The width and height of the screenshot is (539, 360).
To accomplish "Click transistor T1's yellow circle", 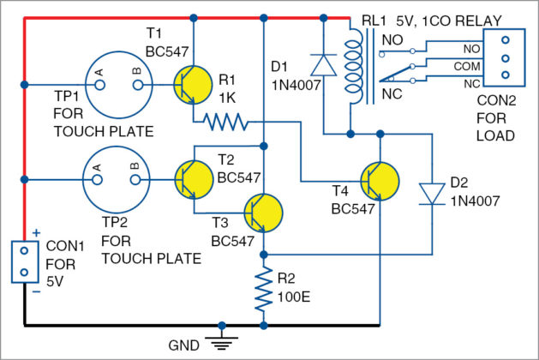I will [194, 84].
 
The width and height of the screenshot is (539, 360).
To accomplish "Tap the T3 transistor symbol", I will [263, 213].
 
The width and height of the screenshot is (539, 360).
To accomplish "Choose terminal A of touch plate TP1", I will [99, 85].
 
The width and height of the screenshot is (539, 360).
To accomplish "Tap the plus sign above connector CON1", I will [37, 233].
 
